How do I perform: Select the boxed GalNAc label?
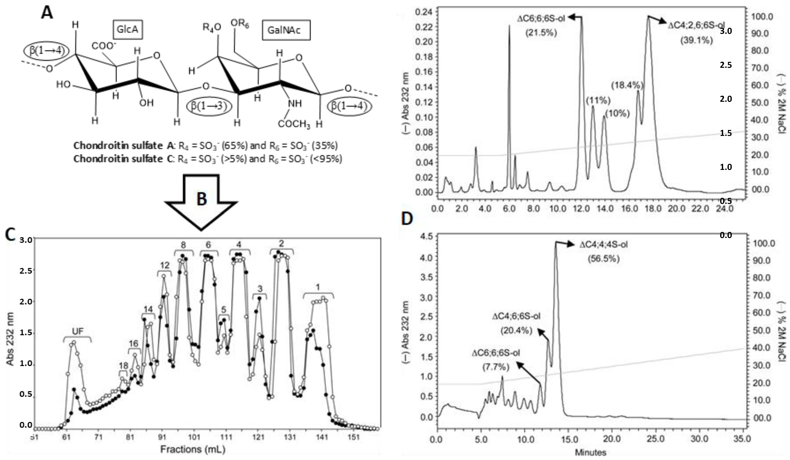[x=286, y=30]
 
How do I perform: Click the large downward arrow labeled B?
[x=201, y=199]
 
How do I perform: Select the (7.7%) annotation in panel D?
[x=495, y=367]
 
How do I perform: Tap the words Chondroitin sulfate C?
[x=118, y=159]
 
